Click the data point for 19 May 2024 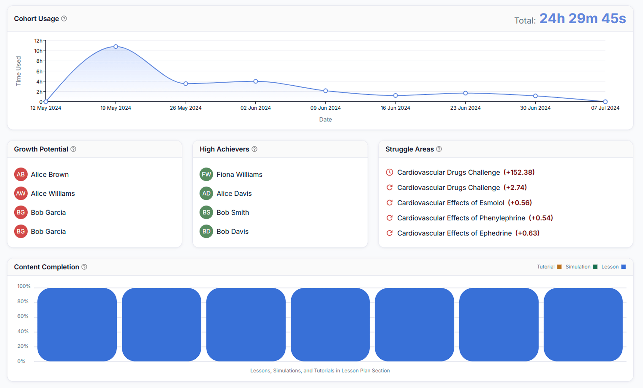pos(116,47)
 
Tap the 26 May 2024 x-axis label pos(186,108)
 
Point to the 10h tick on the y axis pos(38,51)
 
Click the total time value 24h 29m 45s pos(583,19)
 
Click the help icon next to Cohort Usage pos(64,18)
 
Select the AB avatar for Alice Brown pos(21,174)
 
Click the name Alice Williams pos(53,193)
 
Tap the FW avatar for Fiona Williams pos(206,174)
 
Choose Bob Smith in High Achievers pos(232,212)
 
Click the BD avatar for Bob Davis pos(206,231)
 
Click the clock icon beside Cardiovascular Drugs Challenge pos(389,172)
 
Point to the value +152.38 pos(519,172)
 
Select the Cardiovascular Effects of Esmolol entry pos(450,203)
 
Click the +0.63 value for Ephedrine pos(527,233)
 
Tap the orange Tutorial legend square pos(559,267)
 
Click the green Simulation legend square pos(595,267)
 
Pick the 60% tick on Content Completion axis pos(23,316)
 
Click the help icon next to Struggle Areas pos(439,149)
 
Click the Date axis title pos(325,119)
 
